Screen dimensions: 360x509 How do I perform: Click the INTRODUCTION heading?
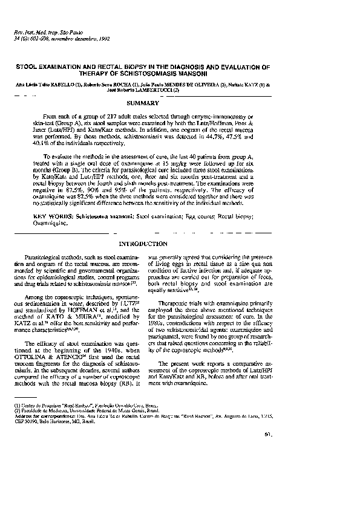pos(143,244)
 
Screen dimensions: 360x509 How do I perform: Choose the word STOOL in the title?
pos(27,67)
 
